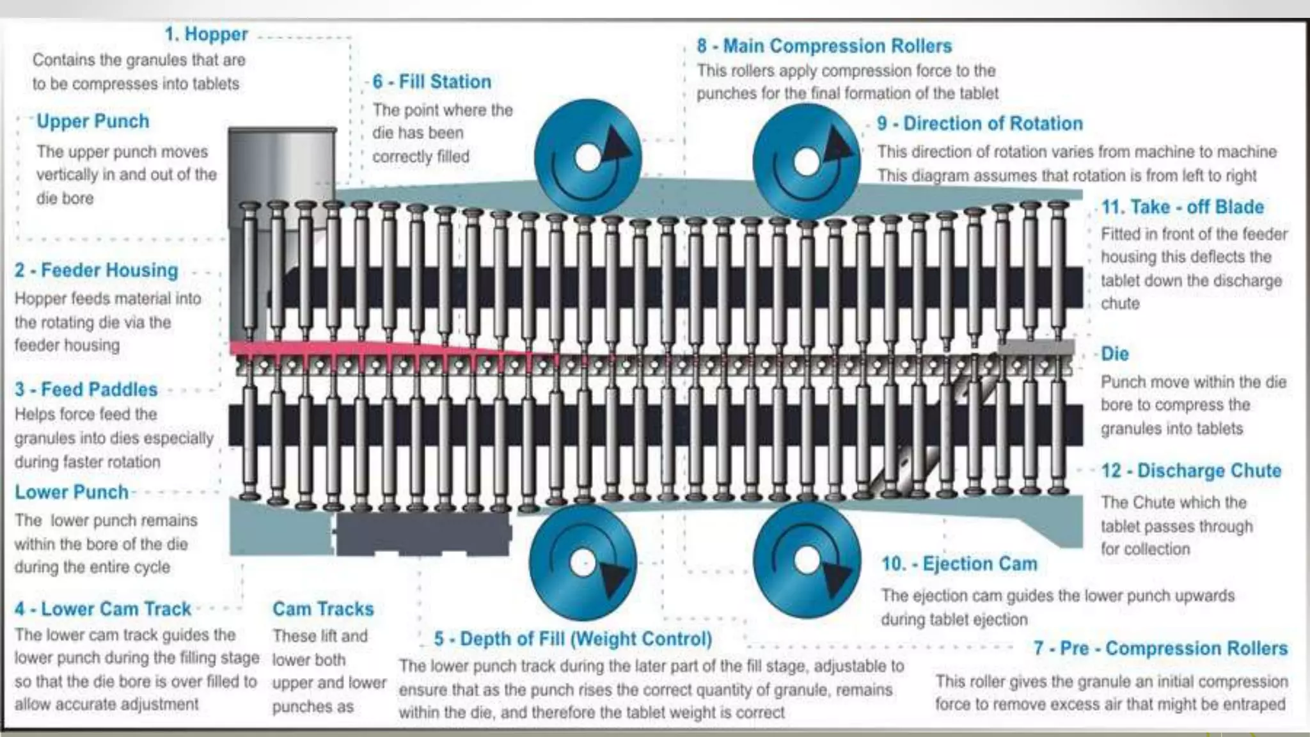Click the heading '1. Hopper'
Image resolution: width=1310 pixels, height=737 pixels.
[x=206, y=34]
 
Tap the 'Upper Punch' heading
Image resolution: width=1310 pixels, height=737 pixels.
[x=93, y=121]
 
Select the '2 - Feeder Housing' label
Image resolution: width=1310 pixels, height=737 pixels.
[x=97, y=270]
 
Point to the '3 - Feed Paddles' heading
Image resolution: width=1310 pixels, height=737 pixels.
[x=86, y=389]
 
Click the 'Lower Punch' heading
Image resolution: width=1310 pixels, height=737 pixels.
[x=72, y=492]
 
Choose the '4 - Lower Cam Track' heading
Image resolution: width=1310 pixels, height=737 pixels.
[x=103, y=608]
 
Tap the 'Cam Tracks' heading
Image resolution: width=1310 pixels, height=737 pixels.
[x=323, y=608]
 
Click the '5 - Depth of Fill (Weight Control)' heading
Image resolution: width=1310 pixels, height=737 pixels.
[x=573, y=638]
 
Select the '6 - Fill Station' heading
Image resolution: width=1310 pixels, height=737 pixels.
[x=432, y=82]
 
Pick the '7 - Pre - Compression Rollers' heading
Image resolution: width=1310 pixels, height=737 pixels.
[x=1160, y=648]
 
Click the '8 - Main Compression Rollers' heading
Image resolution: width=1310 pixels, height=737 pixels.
[x=825, y=46]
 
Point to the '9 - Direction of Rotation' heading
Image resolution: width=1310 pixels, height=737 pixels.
[x=980, y=123]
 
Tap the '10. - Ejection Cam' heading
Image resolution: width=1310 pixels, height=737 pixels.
[x=959, y=564]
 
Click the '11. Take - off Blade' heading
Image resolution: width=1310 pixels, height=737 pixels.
[x=1183, y=207]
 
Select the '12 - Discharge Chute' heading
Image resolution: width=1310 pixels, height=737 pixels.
[x=1192, y=471]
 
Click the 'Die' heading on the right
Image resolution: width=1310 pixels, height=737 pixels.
[x=1114, y=354]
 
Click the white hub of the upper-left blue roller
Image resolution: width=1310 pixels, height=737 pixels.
[x=587, y=157]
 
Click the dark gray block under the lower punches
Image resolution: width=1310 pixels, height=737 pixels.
[x=422, y=532]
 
